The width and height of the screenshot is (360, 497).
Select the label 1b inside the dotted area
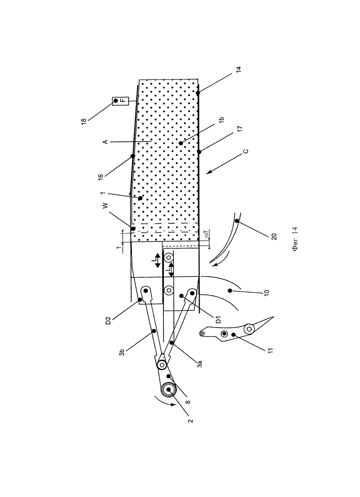pyautogui.click(x=221, y=120)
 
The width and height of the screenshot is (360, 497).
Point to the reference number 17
pyautogui.click(x=240, y=129)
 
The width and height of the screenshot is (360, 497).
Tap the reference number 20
pyautogui.click(x=274, y=236)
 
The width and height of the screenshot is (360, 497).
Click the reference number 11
pyautogui.click(x=270, y=350)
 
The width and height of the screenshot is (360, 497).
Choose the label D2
pyautogui.click(x=108, y=320)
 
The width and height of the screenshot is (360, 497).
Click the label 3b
pyautogui.click(x=122, y=352)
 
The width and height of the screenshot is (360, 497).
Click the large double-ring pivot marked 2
pyautogui.click(x=168, y=390)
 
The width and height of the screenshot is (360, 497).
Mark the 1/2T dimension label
pyautogui.click(x=206, y=235)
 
